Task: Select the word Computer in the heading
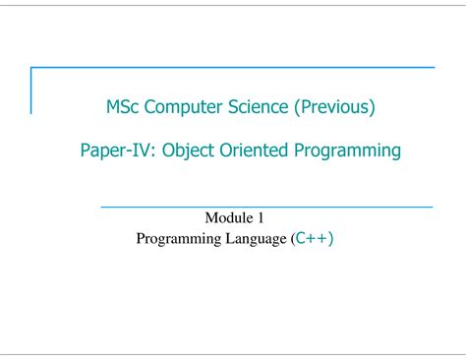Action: pyautogui.click(x=183, y=107)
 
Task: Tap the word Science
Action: pyautogui.click(x=258, y=107)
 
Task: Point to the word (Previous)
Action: pyautogui.click(x=334, y=107)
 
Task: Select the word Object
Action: pyautogui.click(x=188, y=150)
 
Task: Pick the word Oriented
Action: pyautogui.click(x=254, y=150)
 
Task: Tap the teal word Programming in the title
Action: pyautogui.click(x=347, y=150)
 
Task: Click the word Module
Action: pyautogui.click(x=229, y=217)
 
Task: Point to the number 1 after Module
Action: pyautogui.click(x=261, y=218)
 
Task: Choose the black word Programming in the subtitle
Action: pyautogui.click(x=179, y=239)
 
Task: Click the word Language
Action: pyautogui.click(x=256, y=239)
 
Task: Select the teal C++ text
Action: pyautogui.click(x=312, y=238)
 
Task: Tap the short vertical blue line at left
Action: pyautogui.click(x=31, y=90)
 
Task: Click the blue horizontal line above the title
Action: pyautogui.click(x=233, y=68)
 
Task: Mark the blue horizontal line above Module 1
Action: pyautogui.click(x=266, y=208)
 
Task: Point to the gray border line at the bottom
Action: pyautogui.click(x=233, y=354)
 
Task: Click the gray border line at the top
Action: pyautogui.click(x=233, y=5)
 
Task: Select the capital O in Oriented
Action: pyautogui.click(x=226, y=150)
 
